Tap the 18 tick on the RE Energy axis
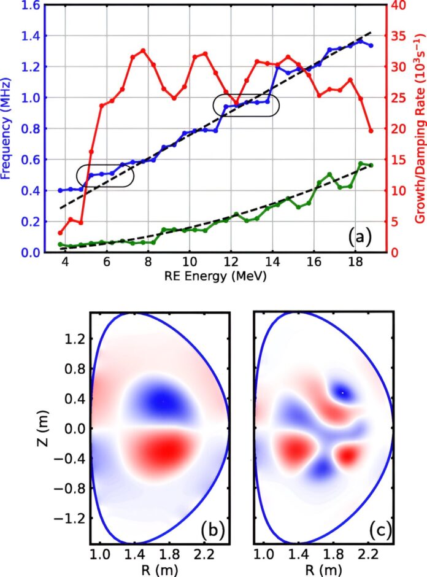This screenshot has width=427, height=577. [355, 263]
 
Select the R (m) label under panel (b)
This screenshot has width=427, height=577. [160, 570]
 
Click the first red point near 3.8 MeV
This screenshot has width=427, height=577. [60, 233]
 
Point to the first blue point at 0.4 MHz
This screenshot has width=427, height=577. [60, 190]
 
